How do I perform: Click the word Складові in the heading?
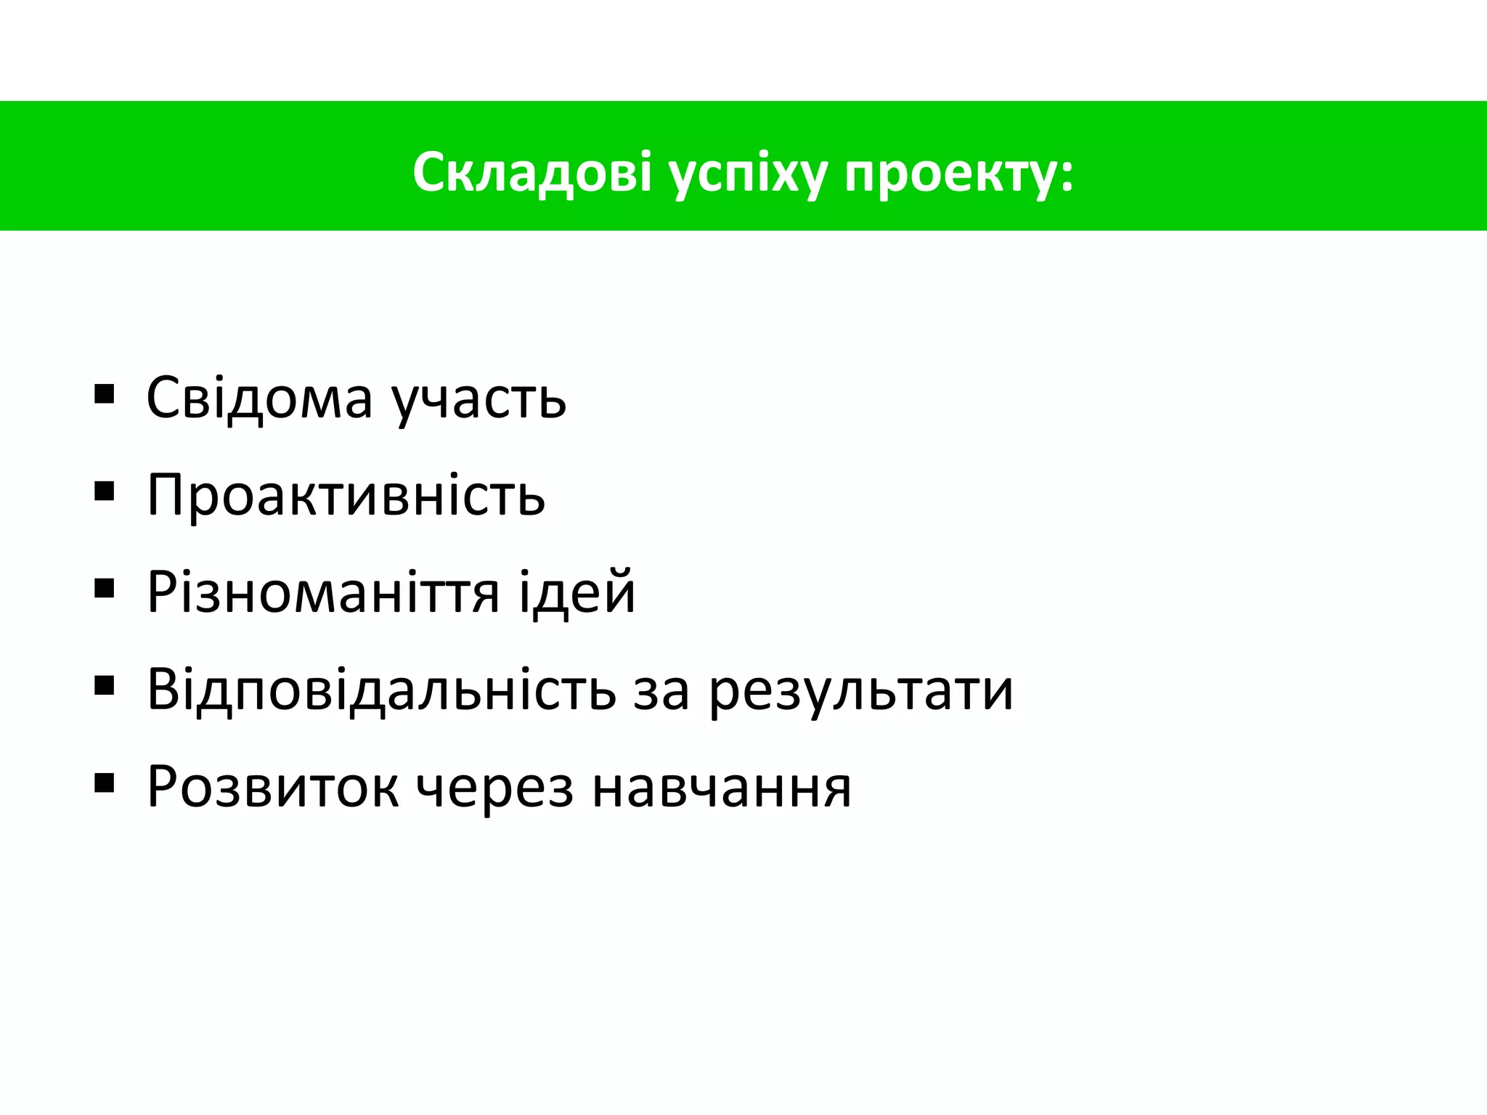[x=532, y=173]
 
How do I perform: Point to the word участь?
[x=478, y=401]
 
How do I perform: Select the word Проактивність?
[x=346, y=495]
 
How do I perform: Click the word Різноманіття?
[x=323, y=592]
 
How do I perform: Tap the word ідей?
[x=577, y=592]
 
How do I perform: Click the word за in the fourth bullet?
[x=661, y=691]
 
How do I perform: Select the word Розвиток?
[x=272, y=787]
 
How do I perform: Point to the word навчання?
[x=721, y=788]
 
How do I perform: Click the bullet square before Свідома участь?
[x=105, y=394]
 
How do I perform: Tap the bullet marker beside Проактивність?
[x=105, y=491]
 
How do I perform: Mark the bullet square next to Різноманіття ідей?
[x=105, y=588]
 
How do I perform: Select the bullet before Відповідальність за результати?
[x=105, y=685]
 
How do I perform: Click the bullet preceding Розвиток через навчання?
[x=105, y=782]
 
